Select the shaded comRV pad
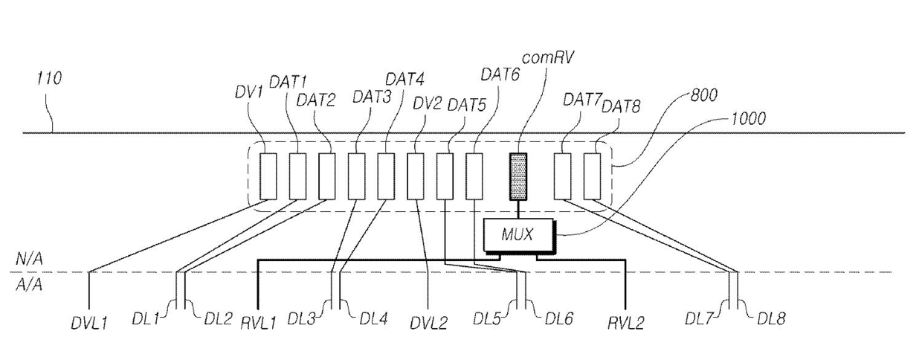tap(519, 176)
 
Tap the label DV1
tap(248, 91)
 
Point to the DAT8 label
tap(621, 106)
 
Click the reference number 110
tap(49, 78)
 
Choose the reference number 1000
tap(748, 118)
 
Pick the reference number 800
tap(703, 95)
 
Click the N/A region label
tap(29, 259)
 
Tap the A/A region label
tap(29, 285)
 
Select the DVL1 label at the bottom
tap(89, 324)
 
